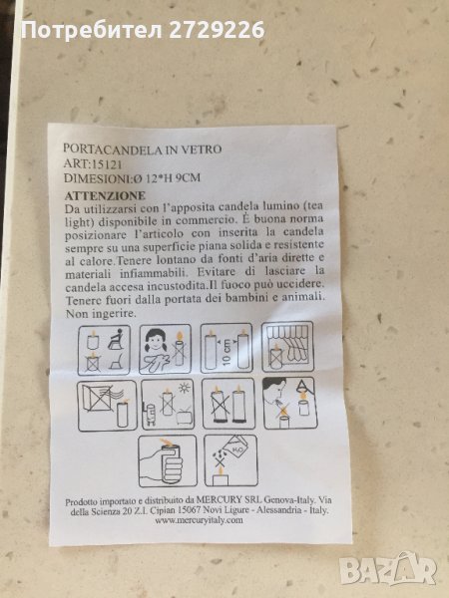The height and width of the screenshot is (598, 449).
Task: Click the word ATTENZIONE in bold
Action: [x=105, y=196]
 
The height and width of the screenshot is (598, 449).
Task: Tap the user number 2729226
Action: [x=217, y=30]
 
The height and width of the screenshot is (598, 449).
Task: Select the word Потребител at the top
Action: [x=92, y=30]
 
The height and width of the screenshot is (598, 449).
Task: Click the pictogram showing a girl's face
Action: [x=165, y=349]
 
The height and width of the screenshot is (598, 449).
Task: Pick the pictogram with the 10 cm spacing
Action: [x=226, y=348]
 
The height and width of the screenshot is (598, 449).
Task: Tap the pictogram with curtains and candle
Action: [x=287, y=347]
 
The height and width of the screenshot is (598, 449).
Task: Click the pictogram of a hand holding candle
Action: [x=168, y=461]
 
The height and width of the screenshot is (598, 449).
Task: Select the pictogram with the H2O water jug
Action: [x=231, y=460]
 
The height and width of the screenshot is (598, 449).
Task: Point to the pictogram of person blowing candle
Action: [x=289, y=403]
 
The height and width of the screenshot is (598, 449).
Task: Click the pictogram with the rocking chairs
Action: [x=104, y=350]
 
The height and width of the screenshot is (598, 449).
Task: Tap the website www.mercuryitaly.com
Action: [x=199, y=520]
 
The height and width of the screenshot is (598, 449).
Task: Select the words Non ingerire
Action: [x=101, y=314]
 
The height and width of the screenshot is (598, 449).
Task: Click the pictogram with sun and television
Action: [x=168, y=405]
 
